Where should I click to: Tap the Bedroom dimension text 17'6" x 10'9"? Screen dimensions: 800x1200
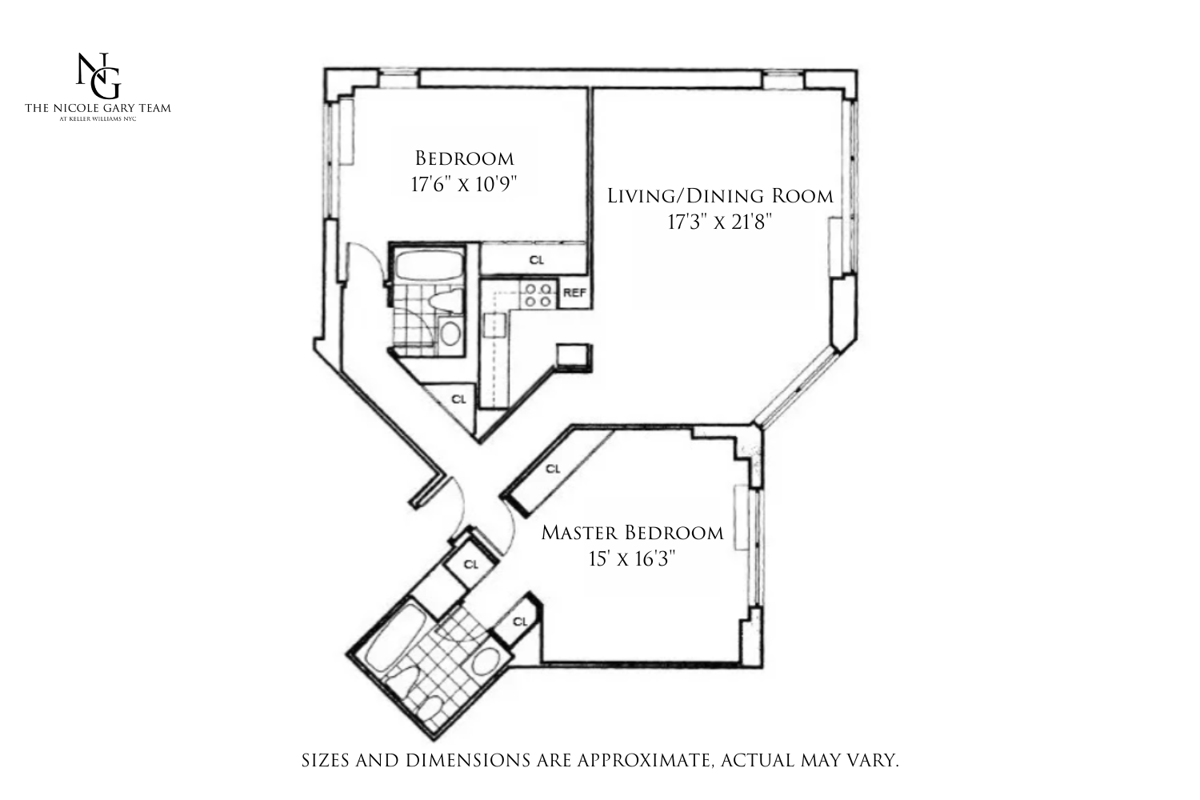[x=464, y=184]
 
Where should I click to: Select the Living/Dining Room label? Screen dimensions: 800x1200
[x=720, y=196]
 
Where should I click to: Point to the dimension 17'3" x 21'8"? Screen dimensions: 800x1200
[x=719, y=222]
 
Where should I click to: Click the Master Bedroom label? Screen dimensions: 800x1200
[x=632, y=533]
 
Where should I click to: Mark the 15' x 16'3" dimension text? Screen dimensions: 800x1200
[x=632, y=558]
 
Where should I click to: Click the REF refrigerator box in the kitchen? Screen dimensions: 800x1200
[x=574, y=293]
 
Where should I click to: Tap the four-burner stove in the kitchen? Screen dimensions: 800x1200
[x=537, y=294]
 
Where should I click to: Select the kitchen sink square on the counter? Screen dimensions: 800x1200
[x=495, y=325]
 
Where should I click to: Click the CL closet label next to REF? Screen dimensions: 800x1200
[x=536, y=260]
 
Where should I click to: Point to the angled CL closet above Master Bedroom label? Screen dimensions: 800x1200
[x=553, y=469]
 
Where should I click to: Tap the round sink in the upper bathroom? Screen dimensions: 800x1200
[x=450, y=333]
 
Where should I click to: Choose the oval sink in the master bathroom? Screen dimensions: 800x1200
[x=484, y=663]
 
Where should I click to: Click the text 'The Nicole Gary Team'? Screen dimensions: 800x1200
[x=98, y=108]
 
